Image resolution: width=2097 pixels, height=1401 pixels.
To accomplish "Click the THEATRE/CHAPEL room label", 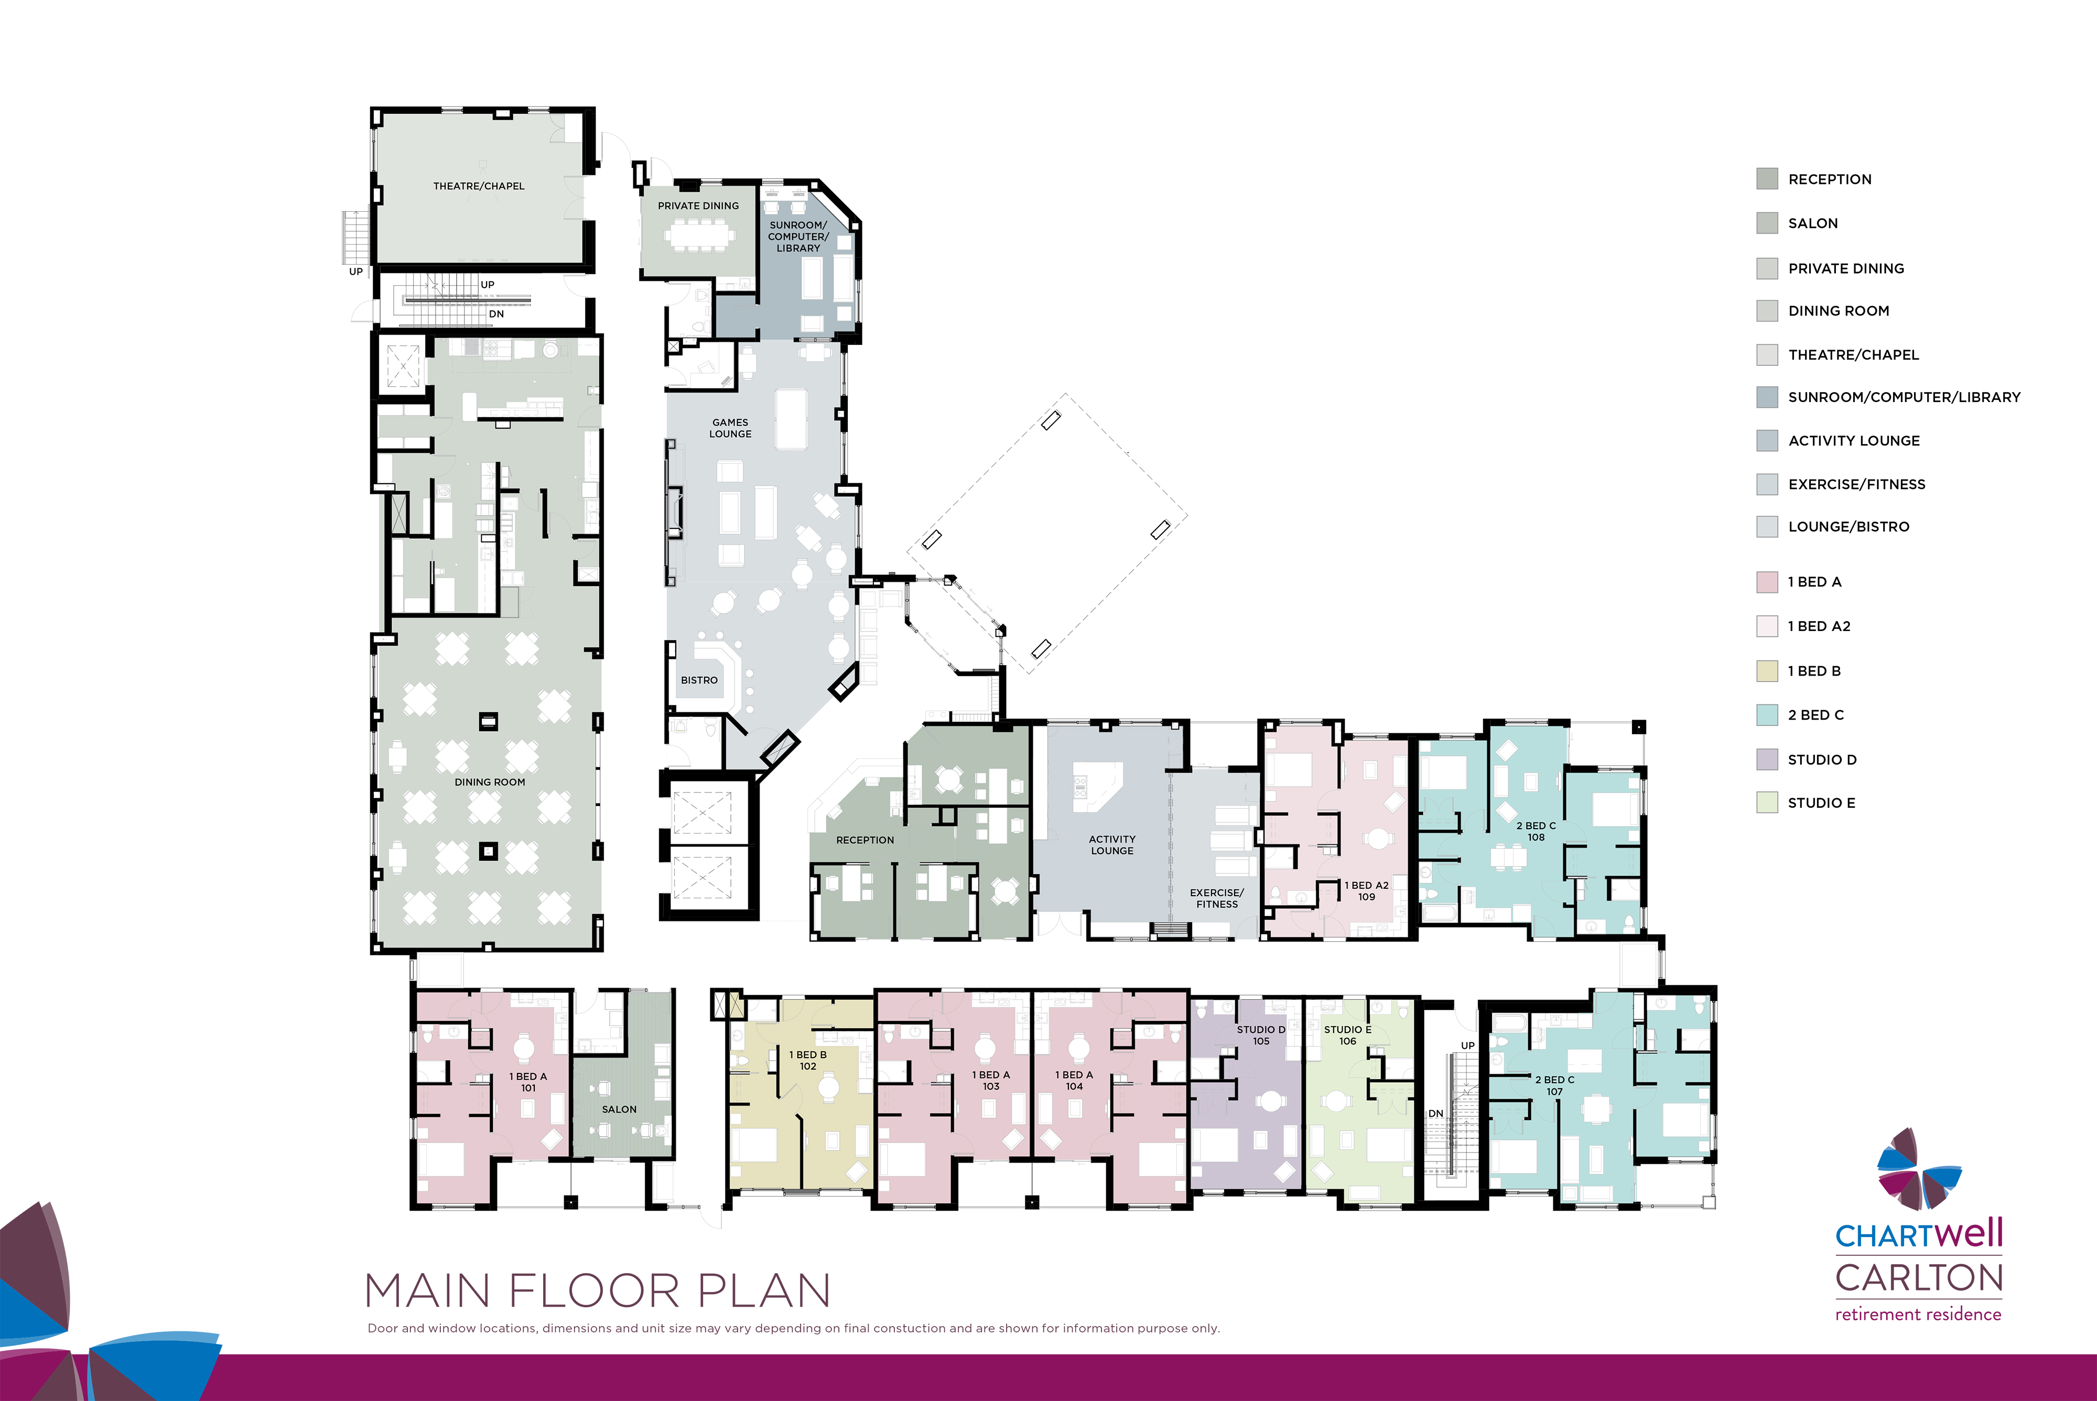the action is (479, 186).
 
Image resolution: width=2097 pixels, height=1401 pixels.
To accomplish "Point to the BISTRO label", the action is (699, 680).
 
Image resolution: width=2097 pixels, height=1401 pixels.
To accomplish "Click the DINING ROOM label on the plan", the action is (490, 782).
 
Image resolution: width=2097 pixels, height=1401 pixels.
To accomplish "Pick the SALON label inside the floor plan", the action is (619, 1109).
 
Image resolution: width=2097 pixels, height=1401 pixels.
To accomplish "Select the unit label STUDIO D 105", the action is (1261, 1035).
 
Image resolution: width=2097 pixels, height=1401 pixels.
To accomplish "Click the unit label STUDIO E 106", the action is (1347, 1035).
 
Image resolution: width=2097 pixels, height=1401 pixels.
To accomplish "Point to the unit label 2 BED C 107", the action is (1554, 1085).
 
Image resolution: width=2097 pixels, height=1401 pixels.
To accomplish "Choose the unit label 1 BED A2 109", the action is (1366, 891).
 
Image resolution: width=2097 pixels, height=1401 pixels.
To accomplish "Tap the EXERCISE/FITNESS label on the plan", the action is (1217, 898).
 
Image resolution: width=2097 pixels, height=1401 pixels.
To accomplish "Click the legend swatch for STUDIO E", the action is (1766, 802).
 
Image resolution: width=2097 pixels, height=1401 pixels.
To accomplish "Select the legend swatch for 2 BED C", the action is (1766, 715).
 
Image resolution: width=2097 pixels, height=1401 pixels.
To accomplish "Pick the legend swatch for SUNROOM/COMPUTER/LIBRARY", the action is (1766, 397).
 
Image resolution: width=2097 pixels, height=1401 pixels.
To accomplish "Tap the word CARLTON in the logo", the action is (1918, 1278).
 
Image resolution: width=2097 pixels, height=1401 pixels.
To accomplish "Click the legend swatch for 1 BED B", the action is (1766, 671).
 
